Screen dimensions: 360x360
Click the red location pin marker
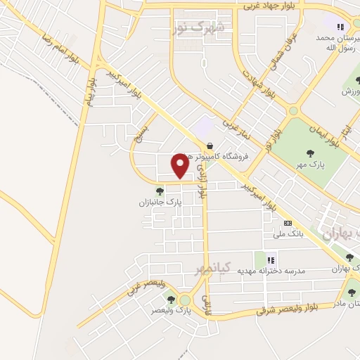point(181,166)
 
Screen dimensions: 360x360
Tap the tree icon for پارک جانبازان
point(160,190)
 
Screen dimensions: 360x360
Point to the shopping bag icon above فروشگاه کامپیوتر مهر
point(210,146)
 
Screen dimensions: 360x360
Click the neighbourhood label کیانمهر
point(217,269)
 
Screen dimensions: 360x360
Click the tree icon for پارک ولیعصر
point(171,300)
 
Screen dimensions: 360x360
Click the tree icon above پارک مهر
point(309,153)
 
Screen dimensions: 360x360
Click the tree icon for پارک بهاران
point(349,257)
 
